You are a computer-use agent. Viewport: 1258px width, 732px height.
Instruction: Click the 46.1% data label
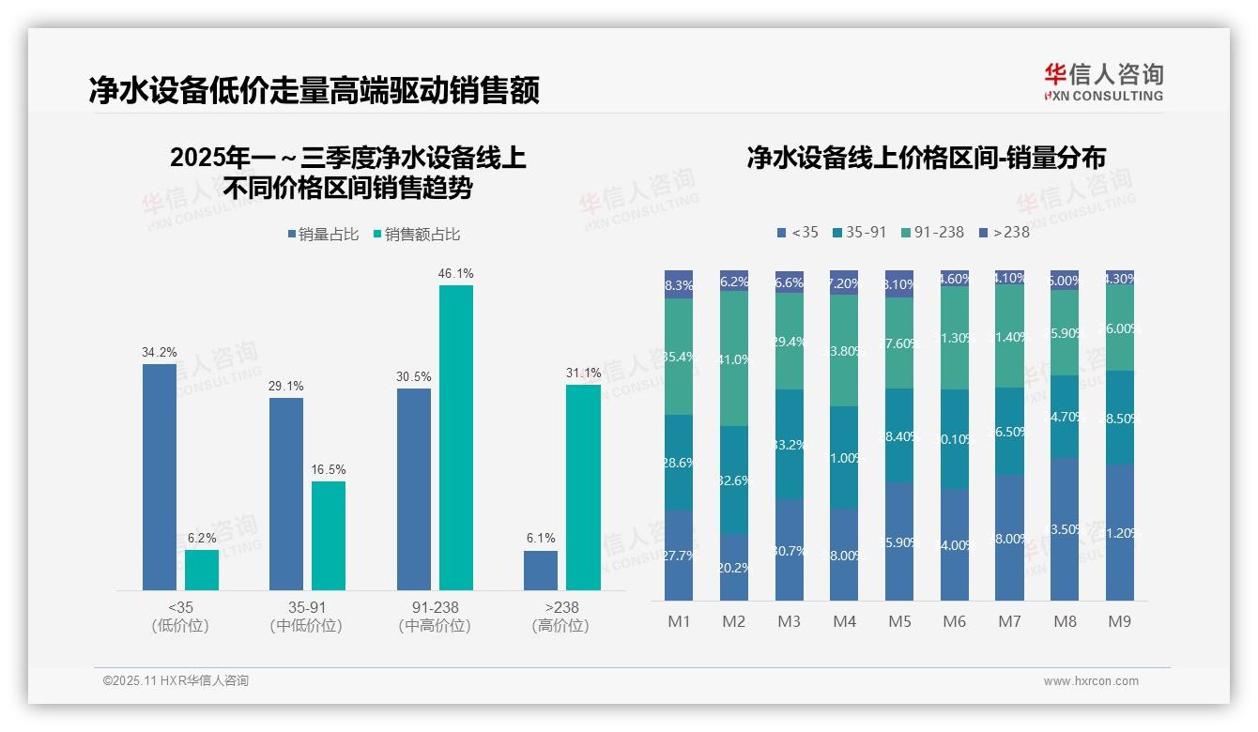[x=455, y=273]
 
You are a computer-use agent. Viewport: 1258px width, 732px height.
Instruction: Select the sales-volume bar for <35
[x=160, y=477]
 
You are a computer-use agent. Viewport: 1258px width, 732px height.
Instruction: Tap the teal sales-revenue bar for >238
[x=583, y=487]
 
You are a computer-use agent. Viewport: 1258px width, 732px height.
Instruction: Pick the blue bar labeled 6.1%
[x=541, y=570]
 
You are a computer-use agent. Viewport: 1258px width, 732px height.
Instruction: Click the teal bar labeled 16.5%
[x=329, y=535]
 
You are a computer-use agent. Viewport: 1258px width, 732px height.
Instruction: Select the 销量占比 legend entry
[x=323, y=235]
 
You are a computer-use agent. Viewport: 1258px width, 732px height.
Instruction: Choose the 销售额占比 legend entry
[x=416, y=235]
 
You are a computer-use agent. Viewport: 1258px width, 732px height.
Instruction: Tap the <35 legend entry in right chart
[x=797, y=232]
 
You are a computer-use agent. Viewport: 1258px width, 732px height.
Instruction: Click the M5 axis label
[x=899, y=621]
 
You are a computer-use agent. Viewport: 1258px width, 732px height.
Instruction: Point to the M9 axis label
[x=1119, y=621]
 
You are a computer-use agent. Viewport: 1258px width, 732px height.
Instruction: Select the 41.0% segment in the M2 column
[x=734, y=358]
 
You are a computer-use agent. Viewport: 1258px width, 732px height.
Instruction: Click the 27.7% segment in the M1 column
[x=679, y=555]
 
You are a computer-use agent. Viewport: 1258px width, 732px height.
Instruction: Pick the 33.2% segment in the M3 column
[x=790, y=444]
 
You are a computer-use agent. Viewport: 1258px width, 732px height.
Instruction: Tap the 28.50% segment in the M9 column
[x=1120, y=418]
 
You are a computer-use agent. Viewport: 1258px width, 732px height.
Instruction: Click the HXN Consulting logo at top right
[x=1103, y=82]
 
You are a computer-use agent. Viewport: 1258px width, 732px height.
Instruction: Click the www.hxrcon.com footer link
[x=1091, y=681]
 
